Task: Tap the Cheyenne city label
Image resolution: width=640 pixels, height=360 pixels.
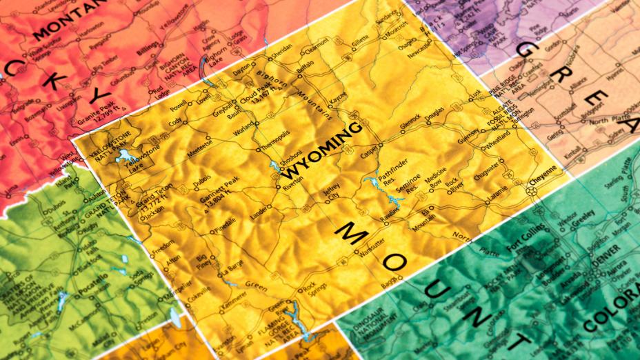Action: pos(541,173)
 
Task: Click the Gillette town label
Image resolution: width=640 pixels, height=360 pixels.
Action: pos(361,42)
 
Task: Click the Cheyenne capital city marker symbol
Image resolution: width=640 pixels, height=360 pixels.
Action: pos(532,186)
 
